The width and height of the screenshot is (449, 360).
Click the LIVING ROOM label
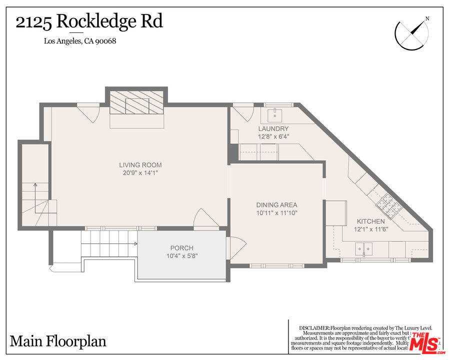pos(140,165)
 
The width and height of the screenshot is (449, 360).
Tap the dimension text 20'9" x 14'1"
pos(140,173)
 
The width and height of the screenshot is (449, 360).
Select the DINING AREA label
pos(276,205)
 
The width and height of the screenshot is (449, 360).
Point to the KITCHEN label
pos(370,221)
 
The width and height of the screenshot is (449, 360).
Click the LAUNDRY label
pos(273,128)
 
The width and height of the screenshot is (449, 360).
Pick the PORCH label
pos(181,248)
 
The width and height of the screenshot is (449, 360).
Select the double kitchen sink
pos(363,247)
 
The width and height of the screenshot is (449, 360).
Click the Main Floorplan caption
pos(58,341)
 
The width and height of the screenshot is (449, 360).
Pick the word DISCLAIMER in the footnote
pos(314,327)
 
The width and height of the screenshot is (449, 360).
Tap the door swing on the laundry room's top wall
pos(242,112)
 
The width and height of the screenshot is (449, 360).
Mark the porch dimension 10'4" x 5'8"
pos(181,256)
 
